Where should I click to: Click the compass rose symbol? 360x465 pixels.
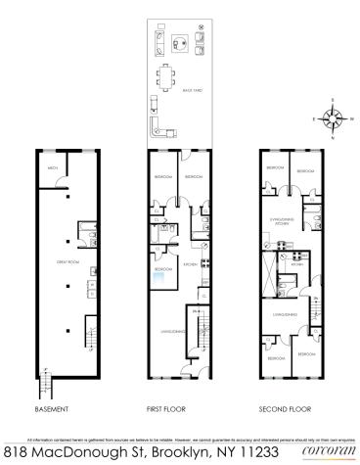click(334, 120)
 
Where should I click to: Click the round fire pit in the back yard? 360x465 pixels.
click(179, 41)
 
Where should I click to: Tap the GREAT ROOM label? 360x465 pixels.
click(68, 261)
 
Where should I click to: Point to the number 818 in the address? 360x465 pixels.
click(17, 452)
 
